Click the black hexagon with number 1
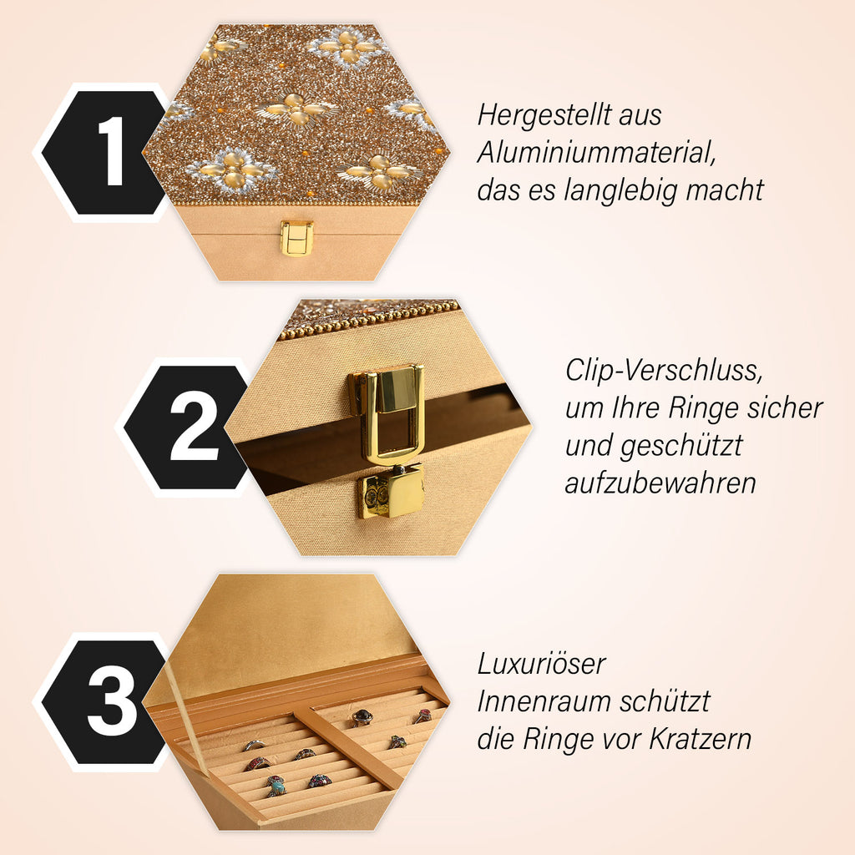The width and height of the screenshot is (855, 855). coord(104,153)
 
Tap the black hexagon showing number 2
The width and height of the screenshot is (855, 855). coord(186,427)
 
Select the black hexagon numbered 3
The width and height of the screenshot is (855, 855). coord(104,702)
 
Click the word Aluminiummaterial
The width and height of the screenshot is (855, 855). coord(596,152)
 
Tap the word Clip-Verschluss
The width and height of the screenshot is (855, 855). coord(664,371)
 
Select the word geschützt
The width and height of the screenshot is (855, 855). coord(681,446)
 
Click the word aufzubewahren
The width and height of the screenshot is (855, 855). coord(660,483)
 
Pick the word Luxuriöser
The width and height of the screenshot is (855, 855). coord(541,664)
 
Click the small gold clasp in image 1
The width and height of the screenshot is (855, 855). coord(296,238)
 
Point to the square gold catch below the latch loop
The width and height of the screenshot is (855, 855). coord(392,491)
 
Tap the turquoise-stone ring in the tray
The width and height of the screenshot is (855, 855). coord(276,786)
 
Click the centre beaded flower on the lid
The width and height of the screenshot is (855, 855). coord(297,110)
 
